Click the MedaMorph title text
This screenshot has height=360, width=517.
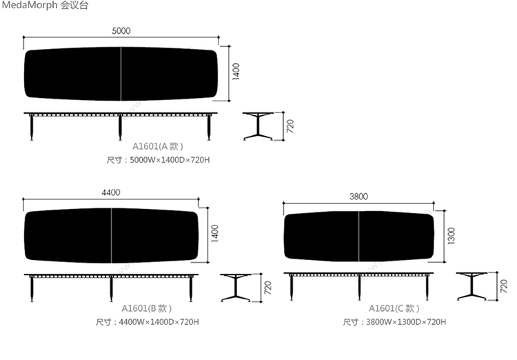(x=45, y=6)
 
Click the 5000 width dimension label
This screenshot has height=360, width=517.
(x=121, y=30)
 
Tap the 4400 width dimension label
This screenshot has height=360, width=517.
(x=111, y=192)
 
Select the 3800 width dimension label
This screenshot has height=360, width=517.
(x=358, y=197)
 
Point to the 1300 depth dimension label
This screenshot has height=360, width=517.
(x=452, y=236)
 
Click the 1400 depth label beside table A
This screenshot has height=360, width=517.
(x=236, y=72)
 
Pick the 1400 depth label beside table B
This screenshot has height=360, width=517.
(x=214, y=234)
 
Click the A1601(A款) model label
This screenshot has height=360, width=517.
(x=158, y=146)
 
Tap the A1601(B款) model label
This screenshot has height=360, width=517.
(x=147, y=308)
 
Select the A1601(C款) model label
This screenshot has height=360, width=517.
(x=394, y=308)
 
